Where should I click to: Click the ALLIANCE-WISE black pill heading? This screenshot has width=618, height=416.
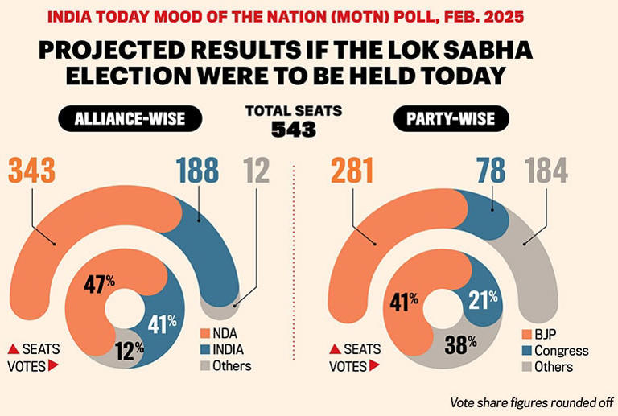[x=129, y=121]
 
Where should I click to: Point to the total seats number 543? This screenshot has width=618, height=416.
[x=293, y=129]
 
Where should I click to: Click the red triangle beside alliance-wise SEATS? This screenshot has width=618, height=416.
[x=14, y=349]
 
